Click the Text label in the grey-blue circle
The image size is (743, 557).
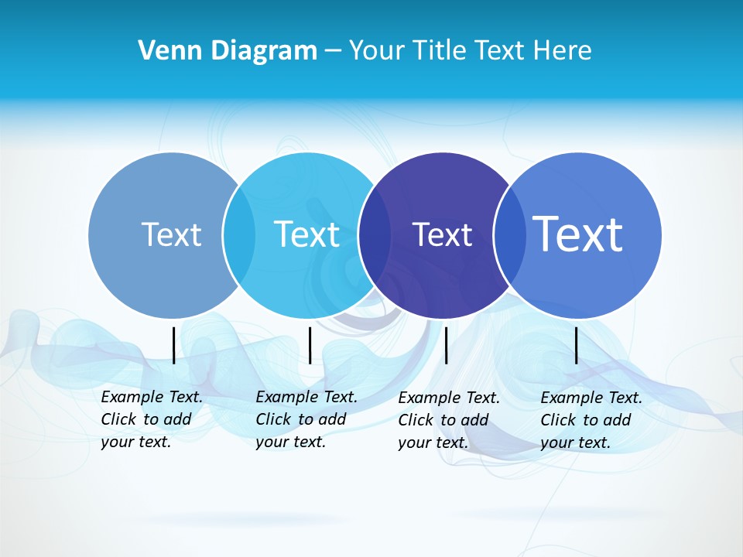click(171, 234)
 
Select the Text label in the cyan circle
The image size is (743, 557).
click(307, 234)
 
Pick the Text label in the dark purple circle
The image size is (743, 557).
click(442, 234)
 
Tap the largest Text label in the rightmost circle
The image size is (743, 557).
click(578, 234)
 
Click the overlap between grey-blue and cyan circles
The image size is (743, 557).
click(238, 235)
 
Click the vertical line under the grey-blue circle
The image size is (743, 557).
click(173, 345)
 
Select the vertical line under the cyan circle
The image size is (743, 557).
click(310, 345)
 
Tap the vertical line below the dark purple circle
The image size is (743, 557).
click(447, 345)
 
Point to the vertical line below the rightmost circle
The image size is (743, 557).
click(577, 345)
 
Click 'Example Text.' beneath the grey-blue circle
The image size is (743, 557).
click(152, 397)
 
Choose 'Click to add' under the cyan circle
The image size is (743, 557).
click(301, 419)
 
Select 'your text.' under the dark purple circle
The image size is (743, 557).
click(433, 443)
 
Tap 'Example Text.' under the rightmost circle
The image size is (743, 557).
click(591, 398)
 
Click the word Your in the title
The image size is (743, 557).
click(376, 51)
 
